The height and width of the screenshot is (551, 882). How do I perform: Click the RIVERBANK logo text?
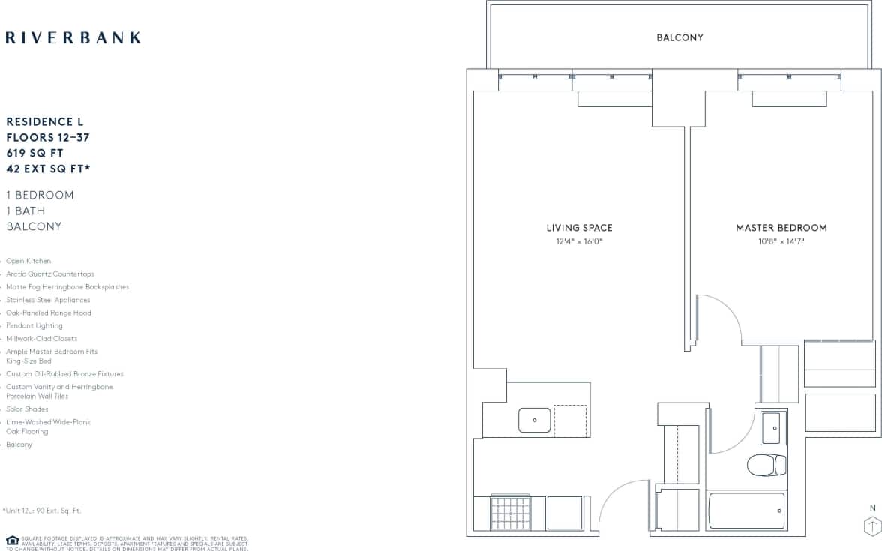click(x=73, y=37)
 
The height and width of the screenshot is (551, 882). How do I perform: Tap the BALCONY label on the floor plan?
click(x=679, y=37)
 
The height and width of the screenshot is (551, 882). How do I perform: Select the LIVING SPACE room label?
click(x=579, y=228)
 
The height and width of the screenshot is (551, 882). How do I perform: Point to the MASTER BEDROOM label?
click(x=781, y=228)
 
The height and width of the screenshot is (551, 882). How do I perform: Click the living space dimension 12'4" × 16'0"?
click(x=579, y=242)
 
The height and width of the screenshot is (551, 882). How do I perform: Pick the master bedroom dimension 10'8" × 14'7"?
click(x=781, y=242)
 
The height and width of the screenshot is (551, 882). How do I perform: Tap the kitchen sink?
click(x=535, y=421)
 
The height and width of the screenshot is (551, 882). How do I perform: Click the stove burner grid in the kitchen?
click(x=511, y=514)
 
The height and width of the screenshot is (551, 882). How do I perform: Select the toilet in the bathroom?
click(x=766, y=465)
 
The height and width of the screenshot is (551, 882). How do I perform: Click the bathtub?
click(x=747, y=511)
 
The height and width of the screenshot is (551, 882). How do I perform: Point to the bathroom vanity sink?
click(x=774, y=428)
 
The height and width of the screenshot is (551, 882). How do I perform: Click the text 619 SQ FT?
click(x=34, y=153)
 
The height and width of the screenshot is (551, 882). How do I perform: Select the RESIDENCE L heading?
click(x=45, y=121)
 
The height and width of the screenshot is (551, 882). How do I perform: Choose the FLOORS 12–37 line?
click(x=47, y=137)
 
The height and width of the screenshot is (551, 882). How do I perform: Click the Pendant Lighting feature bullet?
click(x=34, y=326)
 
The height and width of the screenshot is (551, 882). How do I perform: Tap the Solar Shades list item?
click(x=27, y=409)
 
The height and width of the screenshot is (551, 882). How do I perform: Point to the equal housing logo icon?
click(x=12, y=541)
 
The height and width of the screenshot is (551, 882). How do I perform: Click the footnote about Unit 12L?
click(x=42, y=511)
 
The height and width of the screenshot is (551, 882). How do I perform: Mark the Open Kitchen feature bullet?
click(x=28, y=261)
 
